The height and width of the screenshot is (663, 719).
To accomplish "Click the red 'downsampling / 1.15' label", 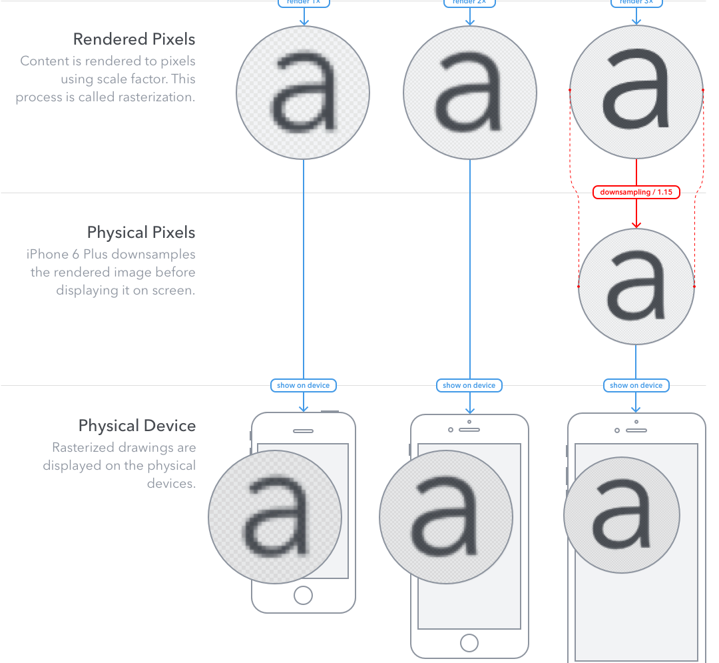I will (636, 193).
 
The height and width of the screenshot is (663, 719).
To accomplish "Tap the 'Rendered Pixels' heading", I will (134, 39).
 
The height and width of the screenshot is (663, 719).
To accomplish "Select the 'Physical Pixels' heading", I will (141, 233).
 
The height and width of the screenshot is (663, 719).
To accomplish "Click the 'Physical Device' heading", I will (136, 426).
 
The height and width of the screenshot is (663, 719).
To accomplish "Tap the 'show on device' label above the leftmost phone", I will (303, 385).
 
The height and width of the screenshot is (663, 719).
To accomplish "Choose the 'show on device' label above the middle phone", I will (469, 385).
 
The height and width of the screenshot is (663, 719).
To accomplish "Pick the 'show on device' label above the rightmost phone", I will (636, 385).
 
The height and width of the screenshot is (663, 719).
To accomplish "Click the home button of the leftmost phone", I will (303, 595).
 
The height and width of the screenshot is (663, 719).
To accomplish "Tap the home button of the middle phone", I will (469, 643).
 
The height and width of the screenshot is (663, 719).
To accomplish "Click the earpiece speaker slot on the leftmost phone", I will (303, 430).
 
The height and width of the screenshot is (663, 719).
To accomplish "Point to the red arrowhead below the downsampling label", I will (636, 225).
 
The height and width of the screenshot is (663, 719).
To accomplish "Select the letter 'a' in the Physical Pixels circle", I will (636, 287).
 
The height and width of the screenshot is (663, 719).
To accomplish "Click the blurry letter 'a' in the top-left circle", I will (303, 93).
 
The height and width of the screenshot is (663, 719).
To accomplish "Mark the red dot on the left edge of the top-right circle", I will (570, 89).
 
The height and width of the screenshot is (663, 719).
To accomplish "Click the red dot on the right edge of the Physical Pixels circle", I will (694, 287).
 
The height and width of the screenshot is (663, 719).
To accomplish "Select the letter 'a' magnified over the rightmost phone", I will (621, 514).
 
